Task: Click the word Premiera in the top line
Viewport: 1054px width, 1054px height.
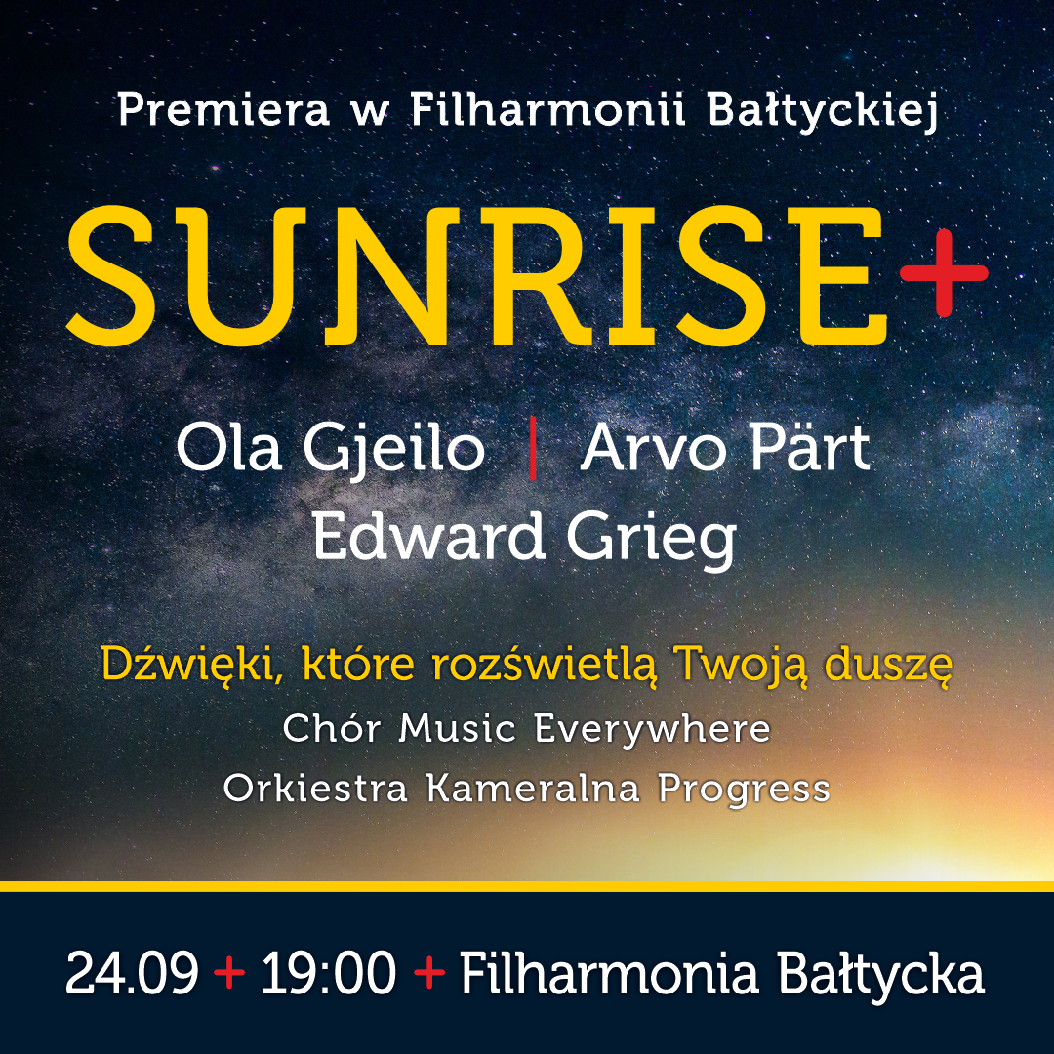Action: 223,109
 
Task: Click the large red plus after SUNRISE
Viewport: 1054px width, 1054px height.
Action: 944,273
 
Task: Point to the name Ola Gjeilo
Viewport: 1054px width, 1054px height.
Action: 330,448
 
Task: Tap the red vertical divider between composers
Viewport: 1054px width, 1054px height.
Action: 533,448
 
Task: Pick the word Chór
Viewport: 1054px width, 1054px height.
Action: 332,728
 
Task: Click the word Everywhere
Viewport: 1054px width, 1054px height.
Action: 652,729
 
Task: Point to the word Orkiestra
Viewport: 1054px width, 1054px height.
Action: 315,788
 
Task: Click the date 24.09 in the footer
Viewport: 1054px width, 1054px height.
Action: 133,973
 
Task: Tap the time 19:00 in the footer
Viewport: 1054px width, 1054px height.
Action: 329,973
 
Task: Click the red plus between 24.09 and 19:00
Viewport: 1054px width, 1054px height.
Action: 229,973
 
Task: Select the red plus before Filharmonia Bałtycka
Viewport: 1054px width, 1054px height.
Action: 429,973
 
